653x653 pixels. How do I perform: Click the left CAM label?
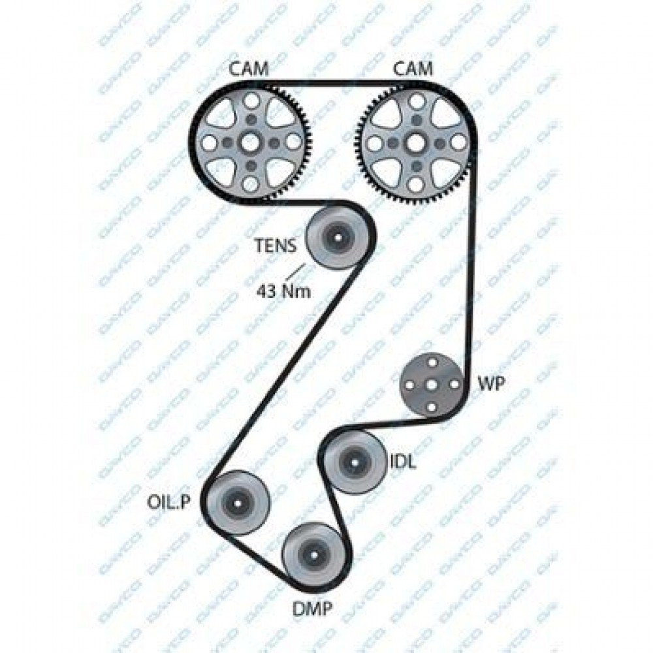click(x=249, y=69)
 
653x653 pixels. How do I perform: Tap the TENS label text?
click(x=276, y=246)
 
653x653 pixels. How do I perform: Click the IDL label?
click(x=403, y=462)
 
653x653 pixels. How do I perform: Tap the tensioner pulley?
click(x=337, y=237)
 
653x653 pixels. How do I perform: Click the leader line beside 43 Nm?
click(x=297, y=270)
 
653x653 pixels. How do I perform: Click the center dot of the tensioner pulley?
click(x=337, y=237)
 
